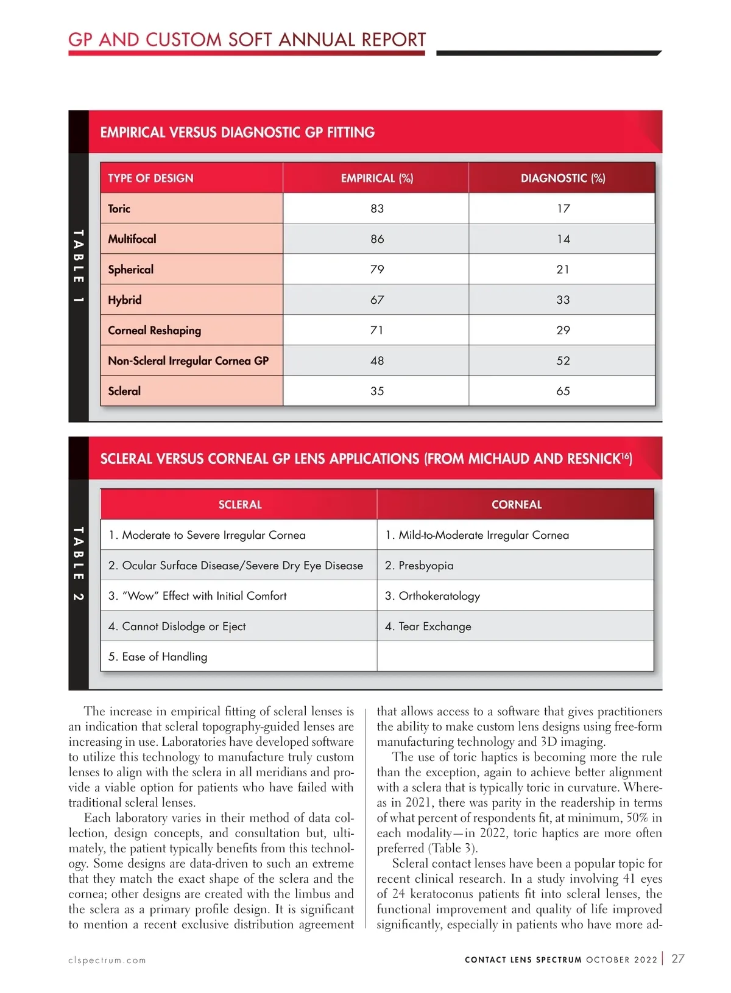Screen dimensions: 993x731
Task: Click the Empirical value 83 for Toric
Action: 377,208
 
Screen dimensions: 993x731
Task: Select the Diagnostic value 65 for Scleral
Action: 563,391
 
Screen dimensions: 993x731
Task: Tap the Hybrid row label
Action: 125,300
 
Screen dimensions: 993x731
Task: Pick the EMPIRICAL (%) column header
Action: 377,178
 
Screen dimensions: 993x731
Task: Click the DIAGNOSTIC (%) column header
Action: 563,178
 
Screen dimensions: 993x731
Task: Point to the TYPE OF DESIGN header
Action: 150,178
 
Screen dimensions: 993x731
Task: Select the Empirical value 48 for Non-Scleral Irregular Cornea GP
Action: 377,360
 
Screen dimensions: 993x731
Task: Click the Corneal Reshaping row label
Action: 154,330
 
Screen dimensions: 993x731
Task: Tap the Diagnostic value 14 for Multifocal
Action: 563,239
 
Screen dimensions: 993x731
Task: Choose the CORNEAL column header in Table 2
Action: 517,504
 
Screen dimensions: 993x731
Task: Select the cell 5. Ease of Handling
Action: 158,656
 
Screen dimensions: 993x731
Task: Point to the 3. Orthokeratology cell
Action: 433,595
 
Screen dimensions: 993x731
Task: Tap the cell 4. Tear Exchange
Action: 428,626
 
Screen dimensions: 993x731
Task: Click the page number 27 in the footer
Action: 678,958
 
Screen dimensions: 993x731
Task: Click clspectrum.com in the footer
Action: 107,960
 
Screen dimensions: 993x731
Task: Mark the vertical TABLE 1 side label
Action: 78,266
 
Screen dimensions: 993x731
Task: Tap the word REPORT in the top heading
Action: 394,40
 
